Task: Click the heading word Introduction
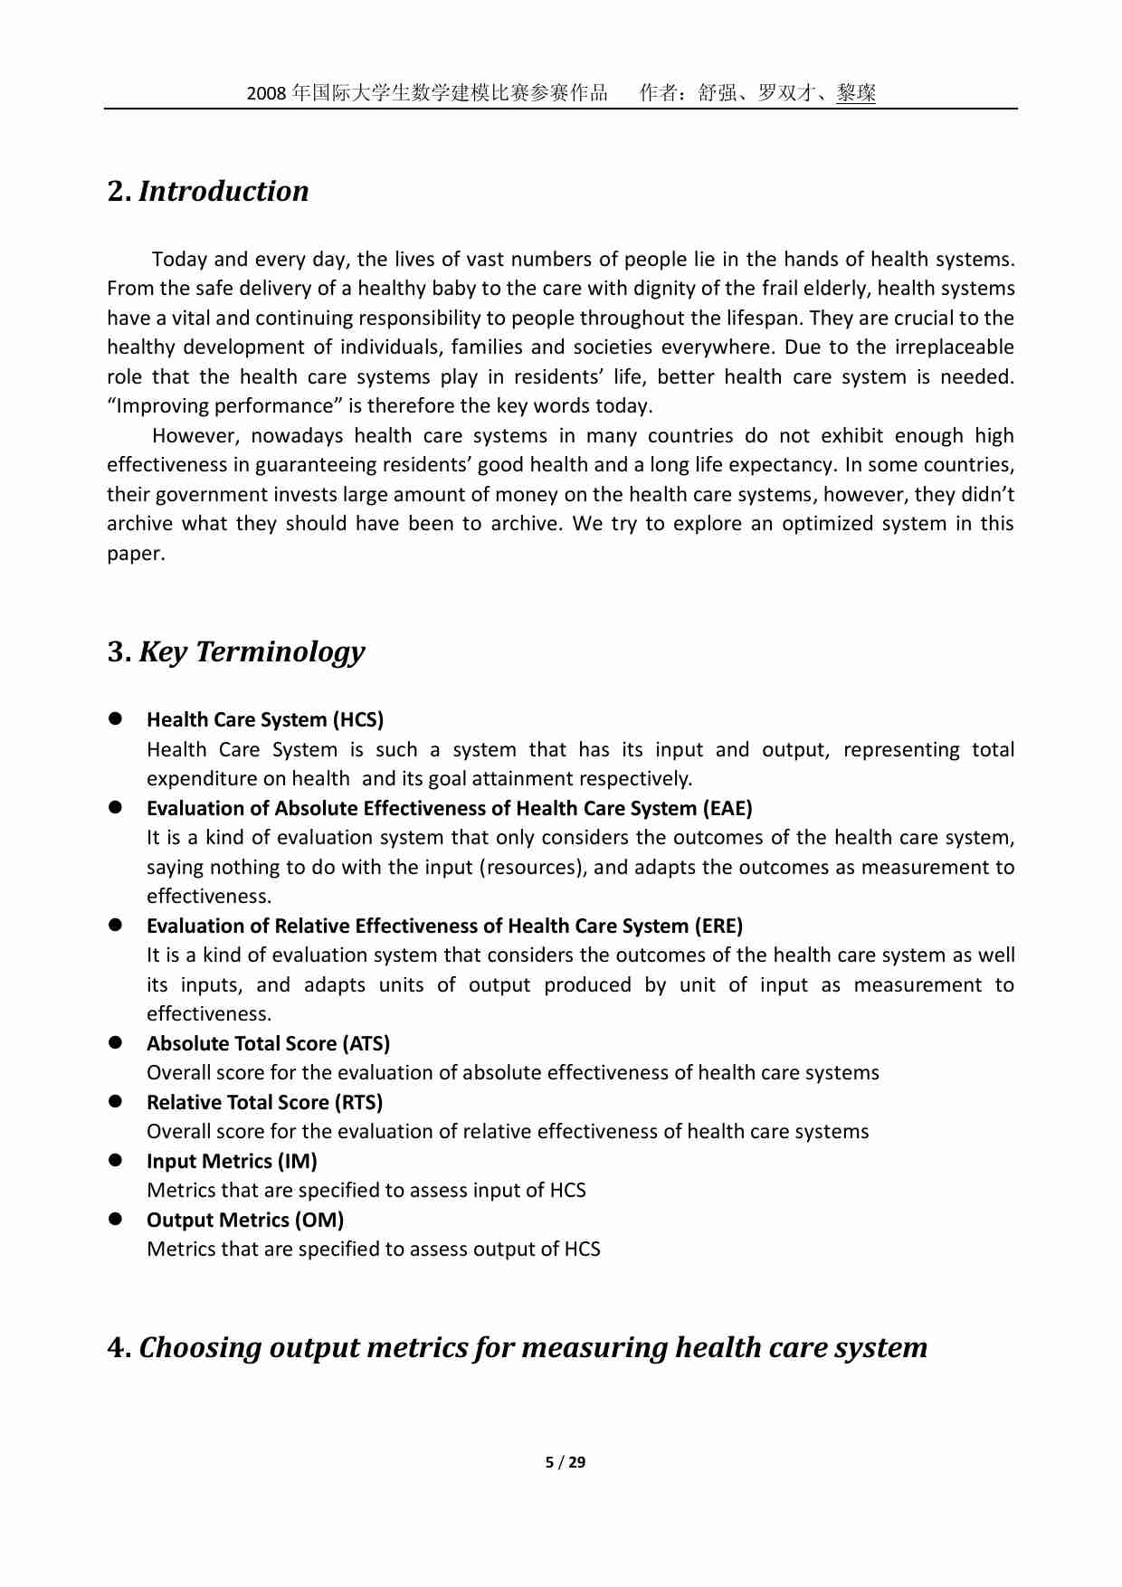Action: (223, 192)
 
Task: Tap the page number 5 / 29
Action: (566, 1462)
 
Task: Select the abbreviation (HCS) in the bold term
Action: (358, 720)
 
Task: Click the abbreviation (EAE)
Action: (727, 809)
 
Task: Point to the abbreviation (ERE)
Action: (718, 927)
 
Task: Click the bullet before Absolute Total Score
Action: (116, 1043)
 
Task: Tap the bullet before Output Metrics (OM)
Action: (116, 1220)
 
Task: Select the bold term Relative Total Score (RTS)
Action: (264, 1103)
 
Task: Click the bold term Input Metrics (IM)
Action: (232, 1162)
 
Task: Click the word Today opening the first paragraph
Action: (180, 260)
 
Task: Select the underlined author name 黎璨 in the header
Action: (856, 93)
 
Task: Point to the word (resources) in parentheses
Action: (530, 868)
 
